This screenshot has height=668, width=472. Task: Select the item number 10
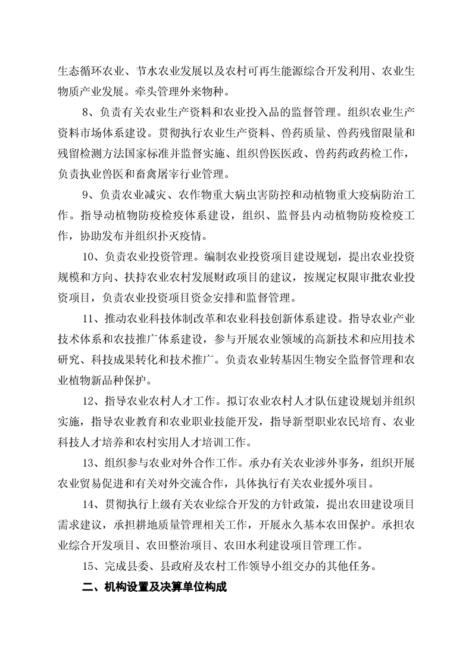[89, 257]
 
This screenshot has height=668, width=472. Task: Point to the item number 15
[89, 566]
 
